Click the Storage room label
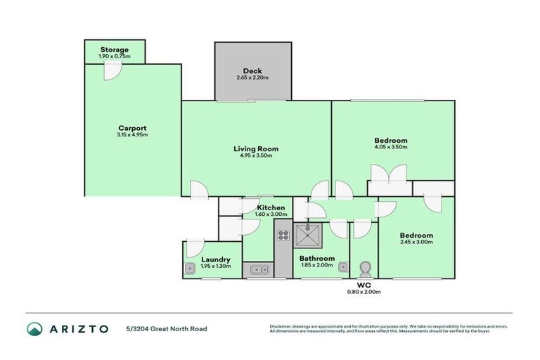(114, 50)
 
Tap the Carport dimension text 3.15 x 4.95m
(132, 135)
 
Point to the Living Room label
(256, 148)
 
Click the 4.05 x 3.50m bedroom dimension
(390, 148)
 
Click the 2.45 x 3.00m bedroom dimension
(416, 242)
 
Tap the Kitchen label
(271, 207)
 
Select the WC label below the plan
(364, 285)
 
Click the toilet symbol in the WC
(365, 269)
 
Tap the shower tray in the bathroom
(307, 236)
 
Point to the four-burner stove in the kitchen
(283, 236)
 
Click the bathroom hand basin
(342, 266)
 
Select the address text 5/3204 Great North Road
(167, 328)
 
